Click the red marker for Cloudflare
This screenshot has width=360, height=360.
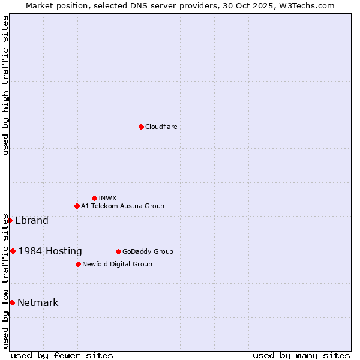click(x=141, y=127)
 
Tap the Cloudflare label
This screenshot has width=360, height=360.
click(x=161, y=127)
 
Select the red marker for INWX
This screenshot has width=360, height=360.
click(x=94, y=198)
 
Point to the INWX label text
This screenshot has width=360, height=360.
click(x=107, y=198)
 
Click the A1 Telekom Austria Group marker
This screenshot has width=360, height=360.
click(x=77, y=206)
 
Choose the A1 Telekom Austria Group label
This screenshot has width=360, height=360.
click(x=122, y=206)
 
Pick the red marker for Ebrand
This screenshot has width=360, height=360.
click(x=10, y=220)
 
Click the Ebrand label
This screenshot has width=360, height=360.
click(x=32, y=220)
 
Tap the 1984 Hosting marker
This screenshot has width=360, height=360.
click(x=13, y=251)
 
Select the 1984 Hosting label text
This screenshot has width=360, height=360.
click(x=50, y=251)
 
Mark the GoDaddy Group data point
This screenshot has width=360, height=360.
click(x=118, y=251)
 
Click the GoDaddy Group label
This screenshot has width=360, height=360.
click(x=148, y=251)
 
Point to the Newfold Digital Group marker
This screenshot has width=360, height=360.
click(x=78, y=264)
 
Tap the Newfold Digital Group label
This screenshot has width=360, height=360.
click(x=117, y=264)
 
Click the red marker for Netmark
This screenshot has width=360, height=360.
click(x=12, y=302)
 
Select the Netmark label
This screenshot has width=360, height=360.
click(x=38, y=302)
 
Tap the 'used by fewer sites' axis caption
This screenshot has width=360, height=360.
click(x=62, y=355)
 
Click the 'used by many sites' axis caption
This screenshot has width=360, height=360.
click(x=301, y=355)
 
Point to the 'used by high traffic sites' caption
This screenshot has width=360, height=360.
click(x=5, y=85)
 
